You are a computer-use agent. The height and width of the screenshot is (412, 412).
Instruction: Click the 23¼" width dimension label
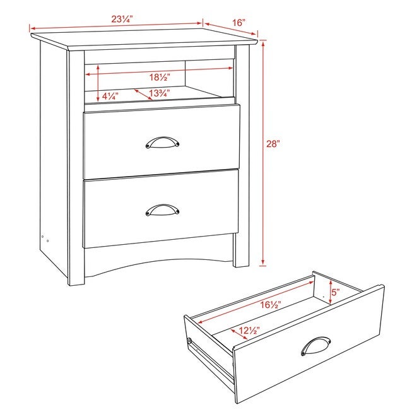point(122,19)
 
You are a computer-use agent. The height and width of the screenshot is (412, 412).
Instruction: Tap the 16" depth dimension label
point(238,23)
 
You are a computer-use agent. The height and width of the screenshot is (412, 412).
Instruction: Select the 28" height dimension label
point(273,144)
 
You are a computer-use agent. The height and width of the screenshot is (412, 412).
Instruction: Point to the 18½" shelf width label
point(160,77)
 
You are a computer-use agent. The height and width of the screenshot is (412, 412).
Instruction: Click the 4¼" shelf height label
point(110,96)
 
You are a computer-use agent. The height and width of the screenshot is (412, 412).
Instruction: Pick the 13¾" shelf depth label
point(160,93)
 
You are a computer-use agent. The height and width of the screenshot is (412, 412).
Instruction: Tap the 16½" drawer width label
point(271,305)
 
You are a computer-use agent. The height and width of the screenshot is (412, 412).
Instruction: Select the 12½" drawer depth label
point(249,331)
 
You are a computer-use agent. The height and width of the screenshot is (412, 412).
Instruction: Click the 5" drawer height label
point(336,292)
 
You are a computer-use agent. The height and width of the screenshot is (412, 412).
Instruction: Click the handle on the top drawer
point(162,142)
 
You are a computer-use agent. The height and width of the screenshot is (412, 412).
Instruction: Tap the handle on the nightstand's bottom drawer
point(162,209)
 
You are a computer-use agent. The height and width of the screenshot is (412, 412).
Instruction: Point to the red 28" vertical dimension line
point(263,153)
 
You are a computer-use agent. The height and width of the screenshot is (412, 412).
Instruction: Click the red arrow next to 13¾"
point(143,95)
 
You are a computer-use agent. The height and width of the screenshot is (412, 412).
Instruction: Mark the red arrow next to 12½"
point(239,334)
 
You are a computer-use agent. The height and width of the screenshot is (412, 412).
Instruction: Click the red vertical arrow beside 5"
point(331,291)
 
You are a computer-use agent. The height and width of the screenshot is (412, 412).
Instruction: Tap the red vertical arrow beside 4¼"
point(98,83)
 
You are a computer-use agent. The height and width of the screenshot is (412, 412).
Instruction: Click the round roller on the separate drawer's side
point(189,341)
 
